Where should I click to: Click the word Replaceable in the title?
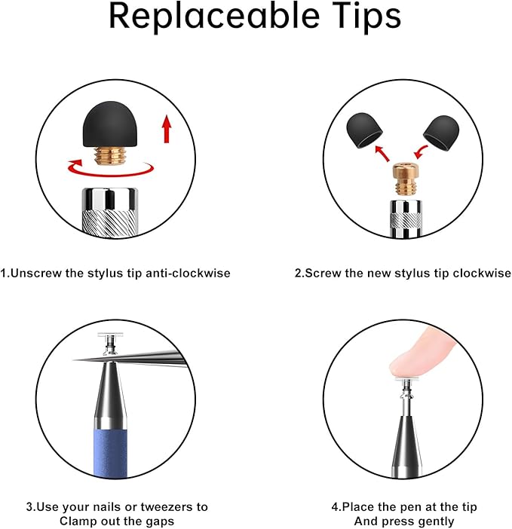point(214,17)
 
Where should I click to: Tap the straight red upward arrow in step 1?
point(167,129)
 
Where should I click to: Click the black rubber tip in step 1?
point(110,124)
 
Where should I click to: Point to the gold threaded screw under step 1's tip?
point(109,155)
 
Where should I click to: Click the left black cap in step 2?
point(364,130)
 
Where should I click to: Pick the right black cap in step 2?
point(441,133)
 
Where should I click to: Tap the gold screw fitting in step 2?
point(406,179)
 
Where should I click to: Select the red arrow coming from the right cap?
point(421,152)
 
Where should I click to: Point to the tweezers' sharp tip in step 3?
point(74,361)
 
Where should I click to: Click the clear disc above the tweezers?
point(110,335)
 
